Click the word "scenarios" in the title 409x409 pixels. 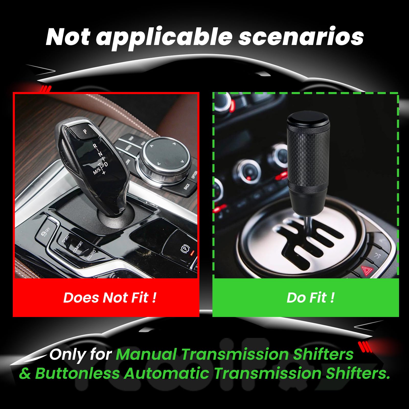click(x=301, y=37)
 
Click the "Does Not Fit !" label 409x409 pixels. click(x=110, y=298)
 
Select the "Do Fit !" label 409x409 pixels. click(x=310, y=298)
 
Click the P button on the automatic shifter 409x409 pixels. click(x=85, y=131)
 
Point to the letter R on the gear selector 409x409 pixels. click(x=95, y=146)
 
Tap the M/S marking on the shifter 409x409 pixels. click(x=97, y=171)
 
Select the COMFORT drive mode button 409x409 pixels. click(x=78, y=247)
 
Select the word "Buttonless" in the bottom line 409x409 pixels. click(x=77, y=373)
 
